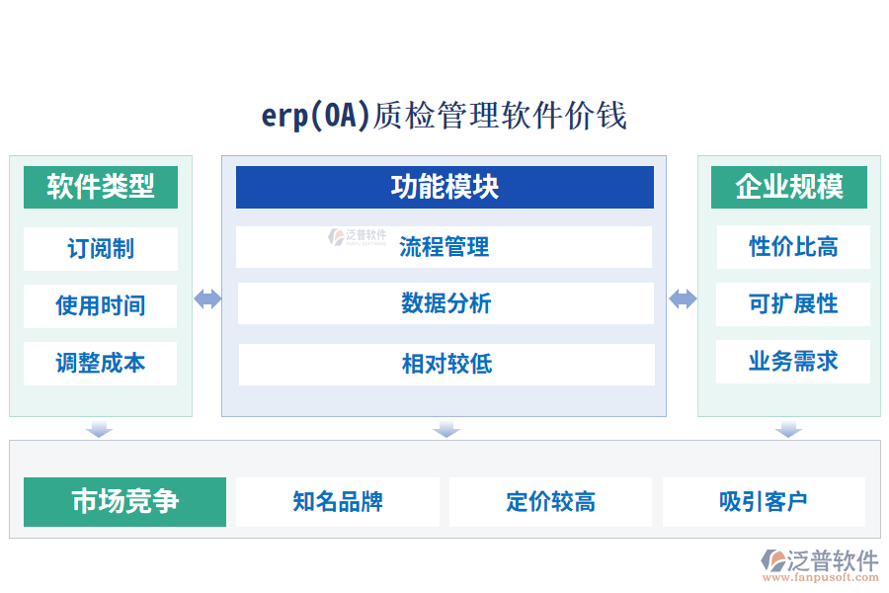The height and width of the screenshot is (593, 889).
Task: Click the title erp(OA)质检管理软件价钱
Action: click(x=444, y=116)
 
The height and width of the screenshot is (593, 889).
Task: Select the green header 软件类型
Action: click(x=101, y=187)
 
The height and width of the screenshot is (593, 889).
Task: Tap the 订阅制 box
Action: click(x=101, y=248)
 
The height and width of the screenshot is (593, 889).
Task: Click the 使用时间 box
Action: click(x=101, y=305)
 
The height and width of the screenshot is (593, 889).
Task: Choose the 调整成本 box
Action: click(x=101, y=363)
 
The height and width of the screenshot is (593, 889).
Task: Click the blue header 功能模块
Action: click(x=444, y=187)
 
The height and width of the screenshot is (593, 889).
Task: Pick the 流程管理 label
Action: click(x=444, y=247)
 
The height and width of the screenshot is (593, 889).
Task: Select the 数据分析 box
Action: click(x=445, y=303)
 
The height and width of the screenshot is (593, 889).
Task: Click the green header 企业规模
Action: click(x=789, y=187)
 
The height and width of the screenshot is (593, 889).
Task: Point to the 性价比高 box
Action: click(x=793, y=247)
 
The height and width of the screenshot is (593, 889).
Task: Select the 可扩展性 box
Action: click(x=793, y=304)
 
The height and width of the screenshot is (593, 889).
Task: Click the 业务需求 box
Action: click(x=793, y=362)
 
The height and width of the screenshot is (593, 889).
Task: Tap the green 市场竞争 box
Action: click(x=125, y=502)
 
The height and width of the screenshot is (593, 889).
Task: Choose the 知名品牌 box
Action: click(x=338, y=502)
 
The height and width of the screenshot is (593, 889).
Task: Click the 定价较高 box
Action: click(x=550, y=502)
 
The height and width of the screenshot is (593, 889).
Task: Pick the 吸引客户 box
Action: click(x=764, y=502)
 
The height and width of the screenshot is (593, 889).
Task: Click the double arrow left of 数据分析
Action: click(x=207, y=299)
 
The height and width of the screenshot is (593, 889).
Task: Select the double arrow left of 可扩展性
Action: click(x=683, y=299)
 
